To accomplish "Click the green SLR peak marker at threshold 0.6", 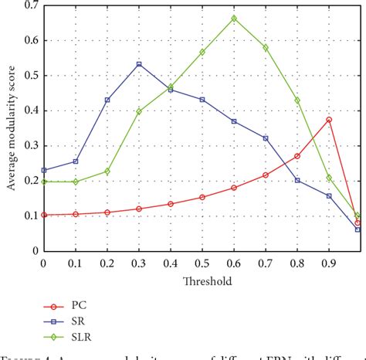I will coord(234,18).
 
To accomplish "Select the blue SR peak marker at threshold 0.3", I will coord(139,64).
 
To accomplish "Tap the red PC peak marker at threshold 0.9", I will coord(329,120).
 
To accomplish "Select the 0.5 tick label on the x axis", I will coord(202,263).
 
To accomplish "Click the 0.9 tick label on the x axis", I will coord(329,263).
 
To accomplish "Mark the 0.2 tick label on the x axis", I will coord(107,263).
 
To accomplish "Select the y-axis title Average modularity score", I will coord(11,127).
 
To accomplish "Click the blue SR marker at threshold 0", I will coord(44,170).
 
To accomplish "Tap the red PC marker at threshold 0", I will coord(44,215).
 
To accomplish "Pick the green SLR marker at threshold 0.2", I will coord(107,172).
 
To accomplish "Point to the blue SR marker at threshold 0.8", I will coord(297,180).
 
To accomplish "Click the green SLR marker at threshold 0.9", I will coord(329,178).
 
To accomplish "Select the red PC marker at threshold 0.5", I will coord(202,197).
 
